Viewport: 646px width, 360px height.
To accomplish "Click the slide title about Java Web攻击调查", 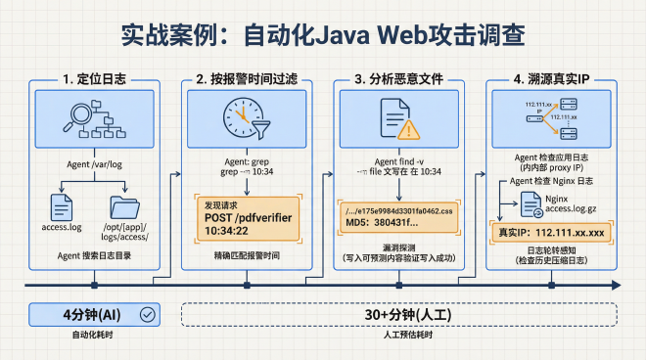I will tap(323, 34).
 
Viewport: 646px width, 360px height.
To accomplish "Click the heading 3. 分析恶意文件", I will tap(400, 78).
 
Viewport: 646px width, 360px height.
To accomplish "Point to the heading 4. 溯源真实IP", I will tap(554, 78).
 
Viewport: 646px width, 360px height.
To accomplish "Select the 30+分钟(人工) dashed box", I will tap(399, 314).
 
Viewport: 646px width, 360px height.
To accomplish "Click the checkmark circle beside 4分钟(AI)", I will tap(147, 314).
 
